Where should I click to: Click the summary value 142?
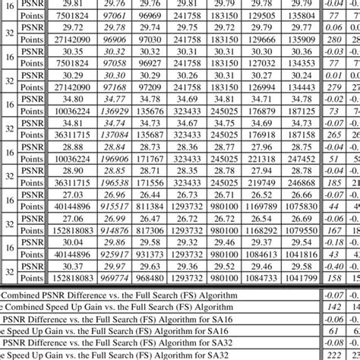(x=331, y=307)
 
